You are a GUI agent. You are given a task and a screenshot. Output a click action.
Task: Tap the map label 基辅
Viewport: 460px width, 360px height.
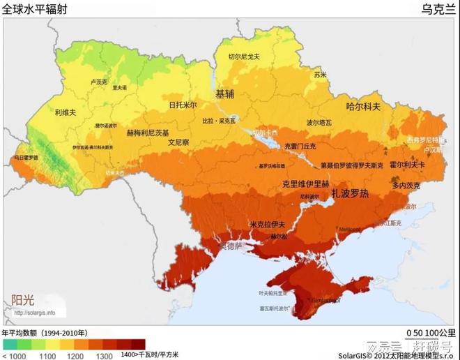[x=224, y=93]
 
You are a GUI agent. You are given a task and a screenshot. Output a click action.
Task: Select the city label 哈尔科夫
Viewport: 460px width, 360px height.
[x=363, y=107]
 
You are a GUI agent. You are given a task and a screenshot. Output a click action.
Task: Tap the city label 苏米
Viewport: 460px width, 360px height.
[x=320, y=74]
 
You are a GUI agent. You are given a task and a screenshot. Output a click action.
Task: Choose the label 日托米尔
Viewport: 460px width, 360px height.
[x=183, y=105]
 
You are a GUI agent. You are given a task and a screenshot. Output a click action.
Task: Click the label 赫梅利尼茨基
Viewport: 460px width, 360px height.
[x=147, y=132]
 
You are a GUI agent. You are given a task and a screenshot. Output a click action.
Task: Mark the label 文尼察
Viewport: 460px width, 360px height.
[x=179, y=142]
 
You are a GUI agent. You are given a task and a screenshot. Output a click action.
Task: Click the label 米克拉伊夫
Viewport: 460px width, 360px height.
[x=269, y=224]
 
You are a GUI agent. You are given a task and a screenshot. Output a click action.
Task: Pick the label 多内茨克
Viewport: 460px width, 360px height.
[x=406, y=186]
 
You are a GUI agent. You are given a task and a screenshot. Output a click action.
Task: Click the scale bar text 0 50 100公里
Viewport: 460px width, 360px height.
[x=432, y=333]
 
